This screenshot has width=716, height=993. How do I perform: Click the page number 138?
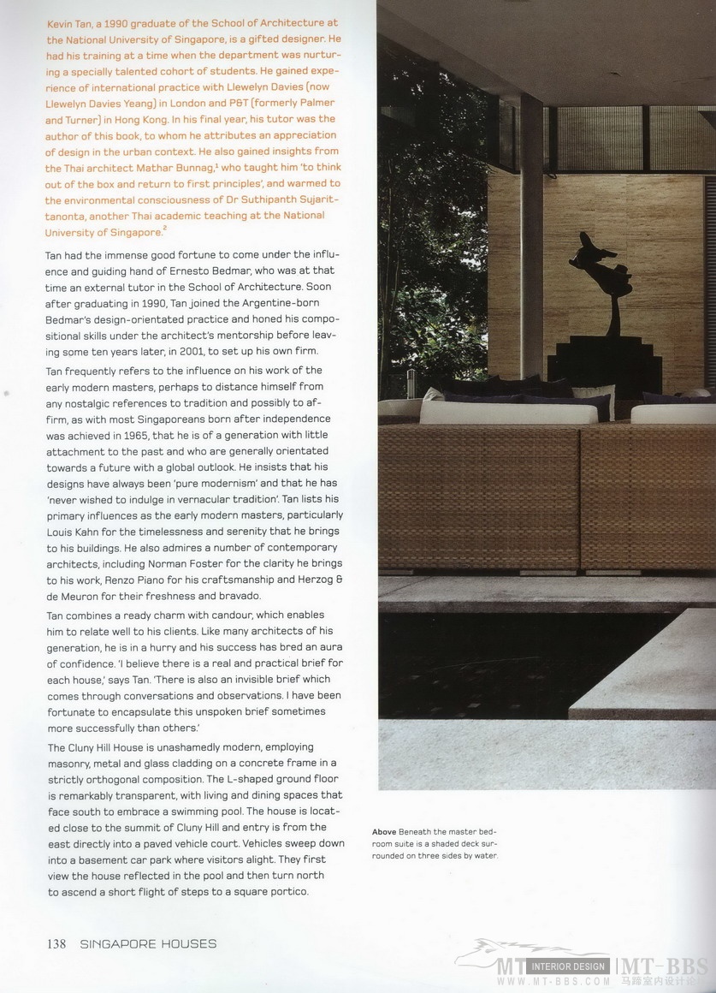point(56,944)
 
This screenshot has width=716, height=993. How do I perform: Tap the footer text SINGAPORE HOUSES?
point(148,944)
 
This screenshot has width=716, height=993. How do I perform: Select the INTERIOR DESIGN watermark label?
point(568,966)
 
